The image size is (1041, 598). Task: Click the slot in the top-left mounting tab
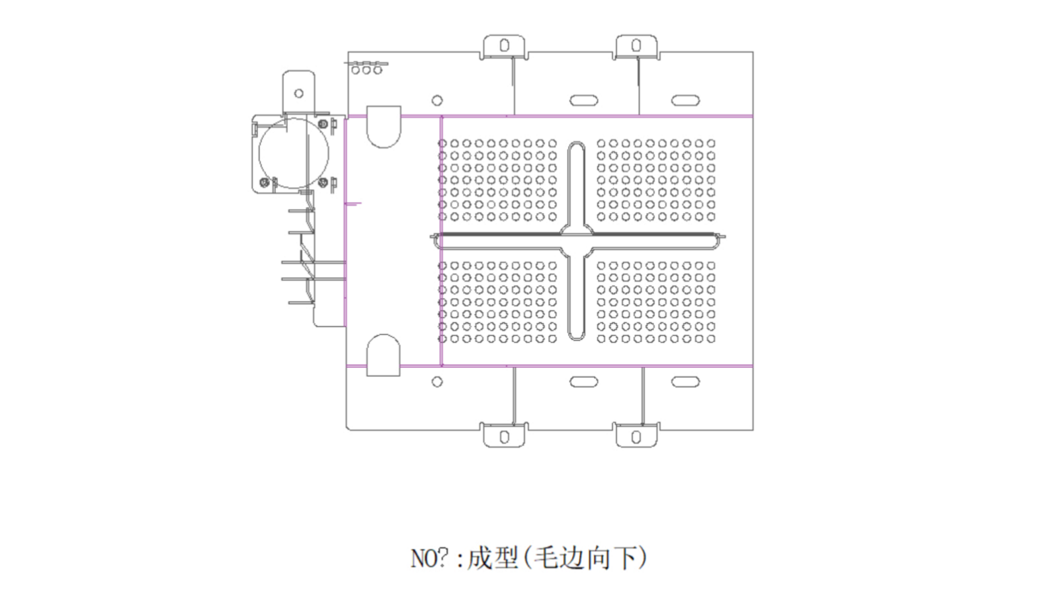(x=505, y=46)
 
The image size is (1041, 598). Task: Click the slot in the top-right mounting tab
(x=636, y=46)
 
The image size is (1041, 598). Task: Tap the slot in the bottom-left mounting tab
(x=505, y=437)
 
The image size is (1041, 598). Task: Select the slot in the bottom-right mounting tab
(x=636, y=437)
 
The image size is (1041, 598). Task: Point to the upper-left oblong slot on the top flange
(x=583, y=100)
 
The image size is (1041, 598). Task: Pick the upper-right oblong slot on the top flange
(x=685, y=100)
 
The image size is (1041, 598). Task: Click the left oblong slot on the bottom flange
(x=583, y=382)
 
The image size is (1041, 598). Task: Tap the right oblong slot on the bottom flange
(x=685, y=382)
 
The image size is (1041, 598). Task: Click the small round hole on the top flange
(x=437, y=100)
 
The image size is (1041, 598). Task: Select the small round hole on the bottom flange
(x=437, y=382)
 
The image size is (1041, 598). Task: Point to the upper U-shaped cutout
(x=384, y=126)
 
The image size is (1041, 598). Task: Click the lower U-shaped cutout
(x=384, y=355)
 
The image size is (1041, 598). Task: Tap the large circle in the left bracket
(x=293, y=153)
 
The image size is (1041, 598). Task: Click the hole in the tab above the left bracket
(x=299, y=94)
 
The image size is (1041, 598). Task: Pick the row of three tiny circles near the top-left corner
(x=366, y=69)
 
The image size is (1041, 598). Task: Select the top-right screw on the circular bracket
(x=323, y=124)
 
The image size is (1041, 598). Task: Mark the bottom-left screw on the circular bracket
(x=265, y=182)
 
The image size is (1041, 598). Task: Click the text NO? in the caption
(x=430, y=558)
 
